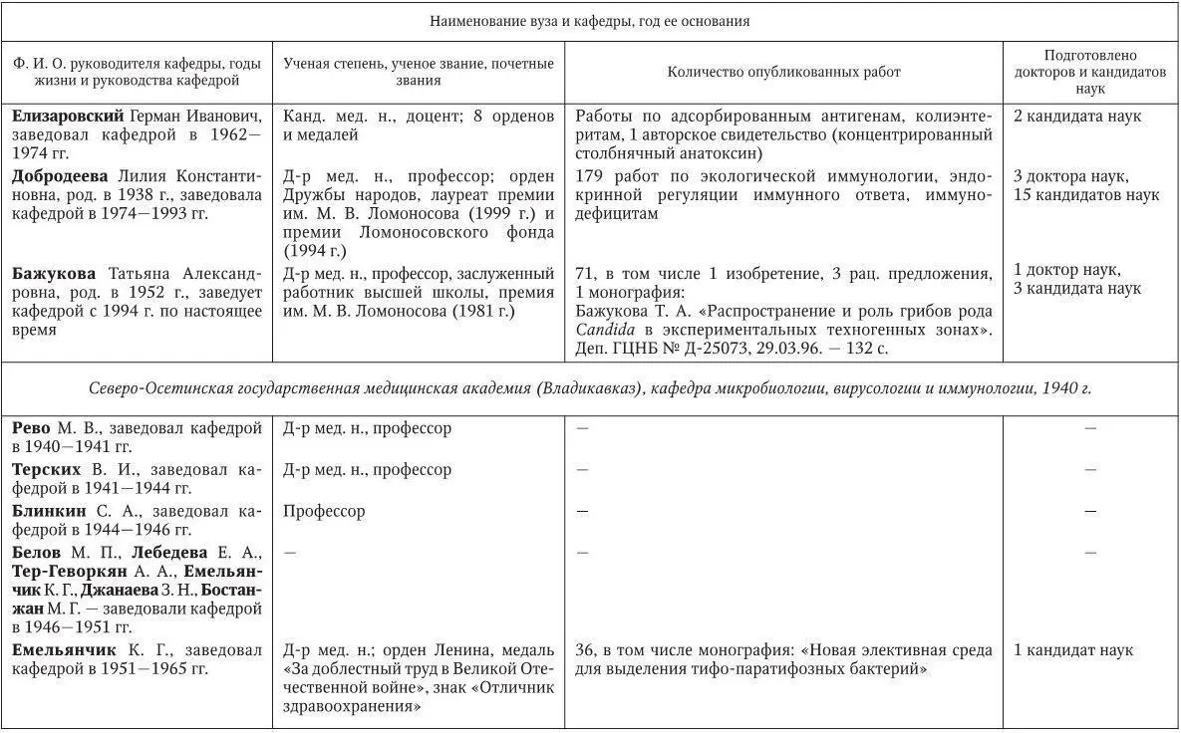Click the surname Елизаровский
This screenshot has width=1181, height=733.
click(x=68, y=116)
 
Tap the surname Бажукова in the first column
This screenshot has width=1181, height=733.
click(x=54, y=272)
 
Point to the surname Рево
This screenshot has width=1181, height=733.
click(x=32, y=428)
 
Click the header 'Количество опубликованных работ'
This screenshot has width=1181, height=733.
click(x=783, y=72)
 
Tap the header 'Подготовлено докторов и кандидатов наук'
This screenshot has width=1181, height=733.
click(x=1089, y=72)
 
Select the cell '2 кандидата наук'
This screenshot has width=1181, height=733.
click(x=1077, y=116)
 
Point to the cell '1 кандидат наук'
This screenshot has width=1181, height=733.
click(x=1073, y=650)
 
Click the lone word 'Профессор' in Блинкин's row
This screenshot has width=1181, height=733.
click(x=324, y=511)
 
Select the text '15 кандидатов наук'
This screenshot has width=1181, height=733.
click(x=1086, y=195)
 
